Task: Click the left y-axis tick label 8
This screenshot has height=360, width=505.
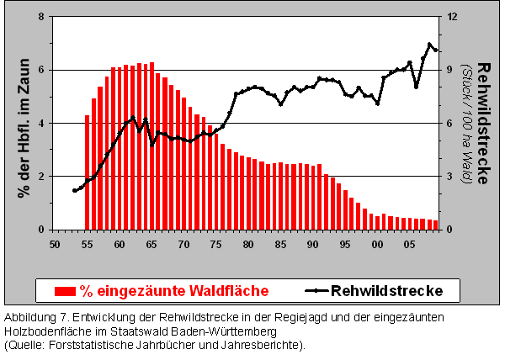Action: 41,17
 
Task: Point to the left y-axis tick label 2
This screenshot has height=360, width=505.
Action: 41,177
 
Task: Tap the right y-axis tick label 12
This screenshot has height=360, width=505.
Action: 451,17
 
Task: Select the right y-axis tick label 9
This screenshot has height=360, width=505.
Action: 449,71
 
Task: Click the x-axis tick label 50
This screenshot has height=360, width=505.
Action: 56,244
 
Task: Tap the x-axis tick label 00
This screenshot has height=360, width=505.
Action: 377,244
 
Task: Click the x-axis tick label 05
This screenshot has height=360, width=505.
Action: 409,244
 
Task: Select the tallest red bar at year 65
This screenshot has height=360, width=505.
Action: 151,146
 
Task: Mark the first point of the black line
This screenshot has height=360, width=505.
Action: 74,191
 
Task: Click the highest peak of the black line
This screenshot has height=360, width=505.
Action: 429,44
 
